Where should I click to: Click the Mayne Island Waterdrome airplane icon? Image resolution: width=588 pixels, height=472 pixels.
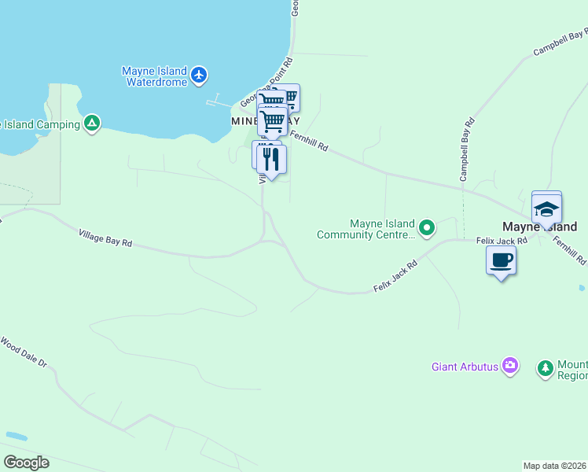[x=200, y=76]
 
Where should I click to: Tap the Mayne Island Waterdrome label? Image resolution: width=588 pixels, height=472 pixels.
[x=155, y=76]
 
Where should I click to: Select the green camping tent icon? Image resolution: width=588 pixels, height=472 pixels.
[x=93, y=124]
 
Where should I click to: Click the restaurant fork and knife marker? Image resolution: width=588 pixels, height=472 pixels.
[x=271, y=160]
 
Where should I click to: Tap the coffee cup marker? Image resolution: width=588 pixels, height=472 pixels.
[x=501, y=260]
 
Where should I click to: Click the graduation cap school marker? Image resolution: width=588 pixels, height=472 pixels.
[x=546, y=210]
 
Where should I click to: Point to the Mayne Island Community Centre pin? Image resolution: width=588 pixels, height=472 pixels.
[x=427, y=229]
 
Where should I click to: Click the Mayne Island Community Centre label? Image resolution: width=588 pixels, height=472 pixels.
[x=366, y=229]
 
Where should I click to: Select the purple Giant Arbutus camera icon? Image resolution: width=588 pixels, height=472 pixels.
[x=510, y=365]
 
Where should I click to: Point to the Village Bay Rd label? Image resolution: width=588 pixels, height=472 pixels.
[x=105, y=238]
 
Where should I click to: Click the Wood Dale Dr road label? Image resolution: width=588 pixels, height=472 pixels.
[x=24, y=353]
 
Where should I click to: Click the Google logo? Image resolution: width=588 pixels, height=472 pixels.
[x=26, y=463]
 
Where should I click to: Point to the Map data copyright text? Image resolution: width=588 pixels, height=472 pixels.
[x=555, y=466]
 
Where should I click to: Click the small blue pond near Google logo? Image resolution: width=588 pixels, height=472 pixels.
[x=16, y=435]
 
